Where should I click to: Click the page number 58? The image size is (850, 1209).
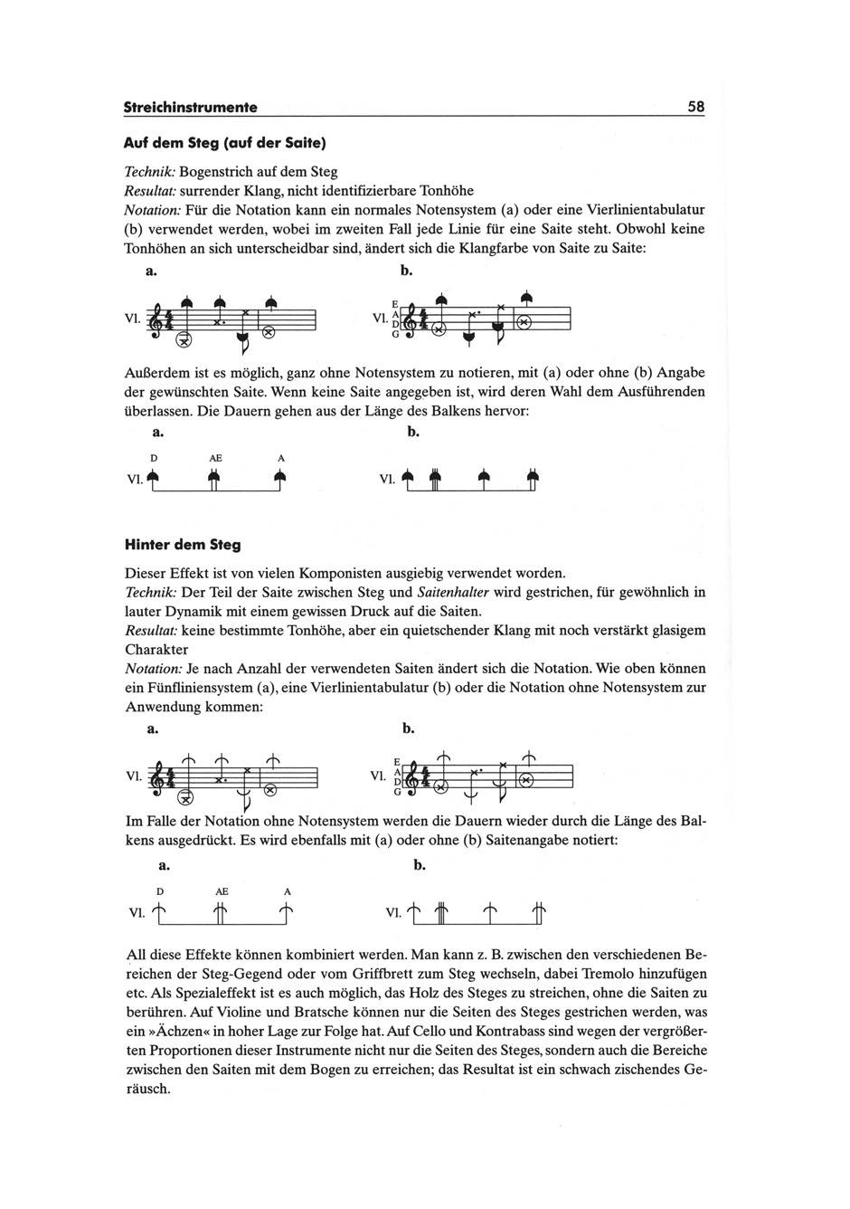tap(695, 107)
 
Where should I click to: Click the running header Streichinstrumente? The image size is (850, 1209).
tap(190, 108)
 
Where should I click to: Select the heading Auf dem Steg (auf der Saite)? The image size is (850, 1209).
tap(223, 143)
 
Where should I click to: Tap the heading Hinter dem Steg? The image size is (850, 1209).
tap(182, 546)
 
